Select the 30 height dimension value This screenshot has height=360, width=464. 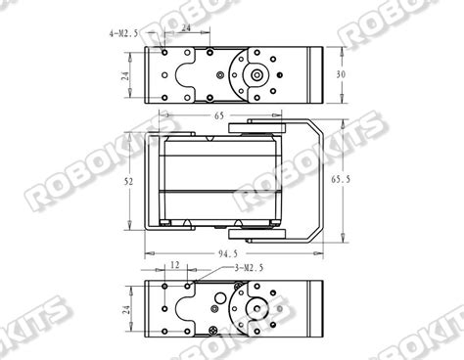point(341,74)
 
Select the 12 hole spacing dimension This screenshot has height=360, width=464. point(173,265)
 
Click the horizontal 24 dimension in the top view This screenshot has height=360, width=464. point(186,29)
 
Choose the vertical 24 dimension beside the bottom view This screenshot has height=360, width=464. point(125,309)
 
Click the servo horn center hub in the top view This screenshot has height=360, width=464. point(256,75)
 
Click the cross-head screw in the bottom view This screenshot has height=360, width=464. point(213,335)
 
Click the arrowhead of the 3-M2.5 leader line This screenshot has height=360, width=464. point(193,284)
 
